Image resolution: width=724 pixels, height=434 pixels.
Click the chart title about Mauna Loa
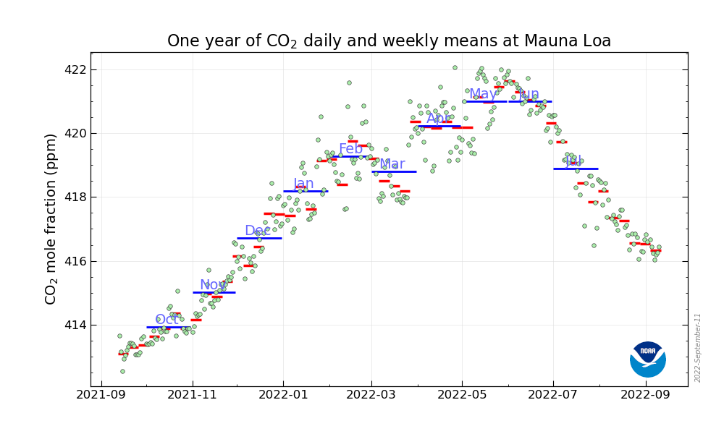pos(389,41)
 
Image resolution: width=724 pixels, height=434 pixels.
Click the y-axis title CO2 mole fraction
pos(51,218)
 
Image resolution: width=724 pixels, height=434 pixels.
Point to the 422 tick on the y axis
pos(75,70)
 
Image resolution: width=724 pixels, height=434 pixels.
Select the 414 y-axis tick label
pos(75,325)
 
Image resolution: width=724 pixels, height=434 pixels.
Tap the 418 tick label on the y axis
pos(75,197)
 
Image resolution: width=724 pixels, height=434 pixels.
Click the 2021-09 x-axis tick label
pos(101,395)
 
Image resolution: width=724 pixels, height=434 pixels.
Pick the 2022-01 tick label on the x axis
pos(283,395)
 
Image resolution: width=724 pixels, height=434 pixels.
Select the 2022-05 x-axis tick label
pos(462,395)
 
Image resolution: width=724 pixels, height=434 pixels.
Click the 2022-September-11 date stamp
pos(698,348)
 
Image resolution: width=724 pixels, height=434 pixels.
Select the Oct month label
pos(167,319)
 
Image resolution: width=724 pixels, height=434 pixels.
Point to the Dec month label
pos(257,231)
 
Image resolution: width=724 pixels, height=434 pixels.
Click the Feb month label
pos(350,149)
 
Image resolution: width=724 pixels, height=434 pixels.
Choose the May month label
pos(483,94)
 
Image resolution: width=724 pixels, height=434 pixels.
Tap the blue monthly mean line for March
pos(394,171)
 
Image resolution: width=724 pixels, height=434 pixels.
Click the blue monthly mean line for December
pos(259,238)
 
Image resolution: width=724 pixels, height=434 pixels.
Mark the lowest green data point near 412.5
pos(122,371)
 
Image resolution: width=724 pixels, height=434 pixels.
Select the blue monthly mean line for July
pos(576,169)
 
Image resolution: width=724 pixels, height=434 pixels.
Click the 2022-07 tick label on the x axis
pos(553,395)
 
